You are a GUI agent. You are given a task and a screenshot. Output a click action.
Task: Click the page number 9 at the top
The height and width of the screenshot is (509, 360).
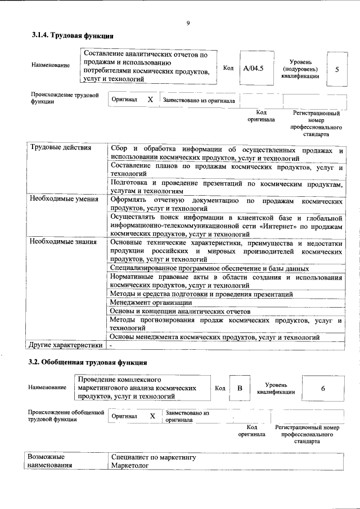point(188,23)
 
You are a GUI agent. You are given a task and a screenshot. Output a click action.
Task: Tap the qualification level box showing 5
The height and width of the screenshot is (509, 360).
point(336,69)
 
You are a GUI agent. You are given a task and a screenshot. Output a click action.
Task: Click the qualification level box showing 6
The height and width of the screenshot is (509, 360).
point(323,389)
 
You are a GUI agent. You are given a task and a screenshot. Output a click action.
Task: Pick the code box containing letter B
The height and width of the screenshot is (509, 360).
point(240,388)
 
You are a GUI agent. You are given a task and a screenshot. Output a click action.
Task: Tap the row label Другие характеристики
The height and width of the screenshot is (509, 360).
point(65,345)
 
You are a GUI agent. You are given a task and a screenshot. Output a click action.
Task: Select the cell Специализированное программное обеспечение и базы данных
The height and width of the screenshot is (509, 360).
point(209,269)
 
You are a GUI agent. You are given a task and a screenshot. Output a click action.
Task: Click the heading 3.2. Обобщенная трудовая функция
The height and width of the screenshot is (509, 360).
point(88,362)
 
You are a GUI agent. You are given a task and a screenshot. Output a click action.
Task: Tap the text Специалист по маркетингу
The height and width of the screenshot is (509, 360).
point(153,458)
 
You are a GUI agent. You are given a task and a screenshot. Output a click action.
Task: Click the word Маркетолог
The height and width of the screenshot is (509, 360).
point(129,466)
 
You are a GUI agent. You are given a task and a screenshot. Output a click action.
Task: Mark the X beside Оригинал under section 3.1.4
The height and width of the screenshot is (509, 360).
point(150,100)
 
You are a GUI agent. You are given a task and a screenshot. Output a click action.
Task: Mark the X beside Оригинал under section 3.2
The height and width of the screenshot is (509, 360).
point(152,416)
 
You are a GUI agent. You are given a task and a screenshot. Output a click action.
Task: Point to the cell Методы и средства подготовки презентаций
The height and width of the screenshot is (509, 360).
point(201,294)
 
